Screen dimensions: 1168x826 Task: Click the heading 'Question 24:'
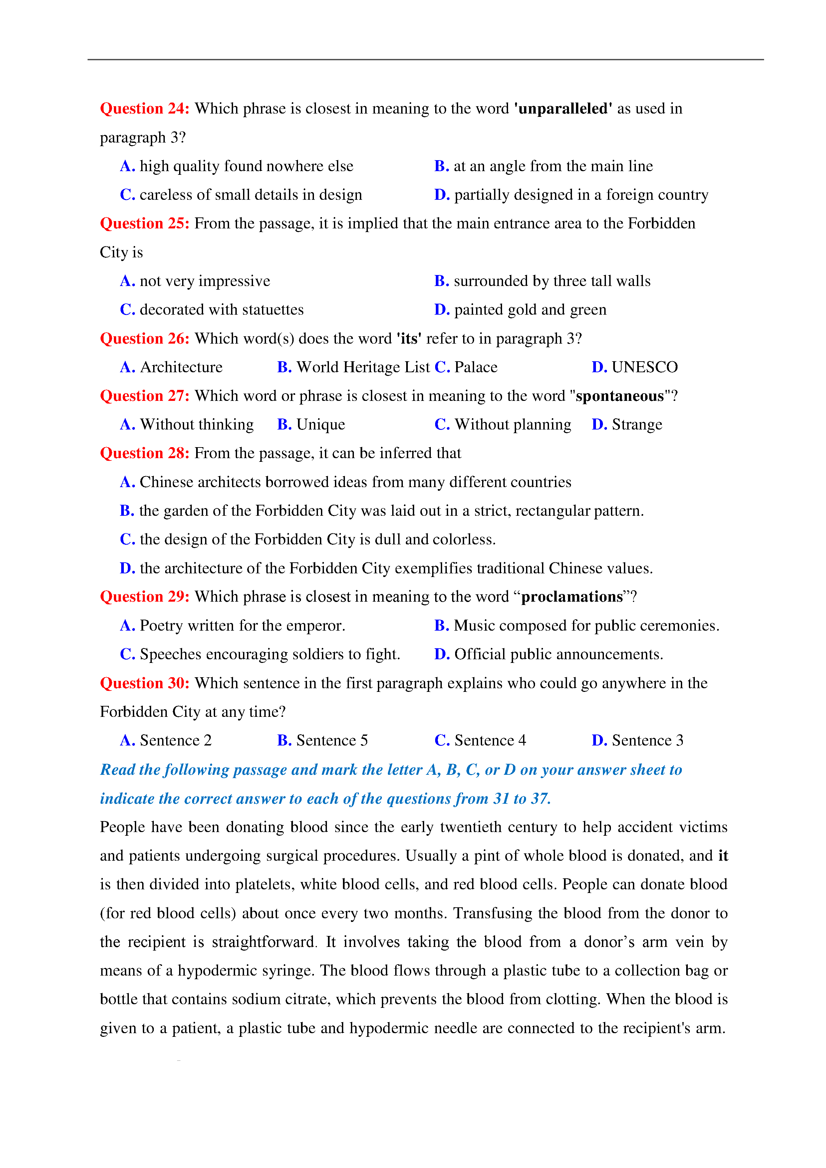coord(144,109)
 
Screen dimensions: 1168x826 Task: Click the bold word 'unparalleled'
coord(563,109)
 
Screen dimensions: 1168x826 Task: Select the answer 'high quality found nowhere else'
coord(246,166)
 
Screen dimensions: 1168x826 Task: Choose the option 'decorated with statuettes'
coord(221,310)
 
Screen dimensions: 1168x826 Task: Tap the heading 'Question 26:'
coord(144,339)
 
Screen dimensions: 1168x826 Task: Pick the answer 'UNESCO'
coord(645,367)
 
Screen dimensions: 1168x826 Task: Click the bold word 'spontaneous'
coord(620,396)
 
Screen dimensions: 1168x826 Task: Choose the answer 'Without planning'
coord(513,425)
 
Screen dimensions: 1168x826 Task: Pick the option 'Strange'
coord(637,425)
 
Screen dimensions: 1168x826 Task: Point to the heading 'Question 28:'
coord(144,453)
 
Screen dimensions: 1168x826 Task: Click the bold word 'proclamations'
coord(572,597)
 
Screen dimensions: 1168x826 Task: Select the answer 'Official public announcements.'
coord(558,654)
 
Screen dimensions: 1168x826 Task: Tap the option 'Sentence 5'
coord(332,741)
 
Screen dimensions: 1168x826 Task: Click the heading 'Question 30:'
coord(144,683)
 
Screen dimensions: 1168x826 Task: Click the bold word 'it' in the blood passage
coord(723,856)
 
